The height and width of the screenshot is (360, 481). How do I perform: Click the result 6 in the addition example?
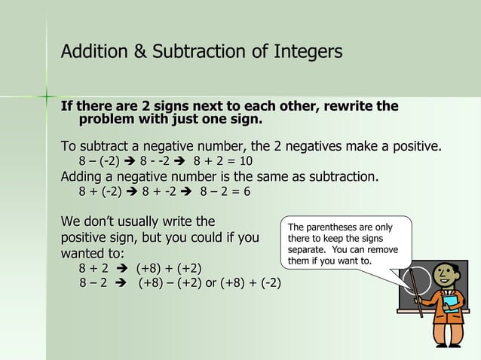tap(247, 191)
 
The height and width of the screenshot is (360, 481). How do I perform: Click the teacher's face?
tap(446, 276)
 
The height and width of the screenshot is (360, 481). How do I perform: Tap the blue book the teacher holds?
tap(450, 303)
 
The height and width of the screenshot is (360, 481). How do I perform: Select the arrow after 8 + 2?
tap(121, 267)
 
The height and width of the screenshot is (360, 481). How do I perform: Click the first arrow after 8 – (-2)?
tap(130, 161)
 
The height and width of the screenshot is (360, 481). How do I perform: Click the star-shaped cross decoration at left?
tap(47, 96)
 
